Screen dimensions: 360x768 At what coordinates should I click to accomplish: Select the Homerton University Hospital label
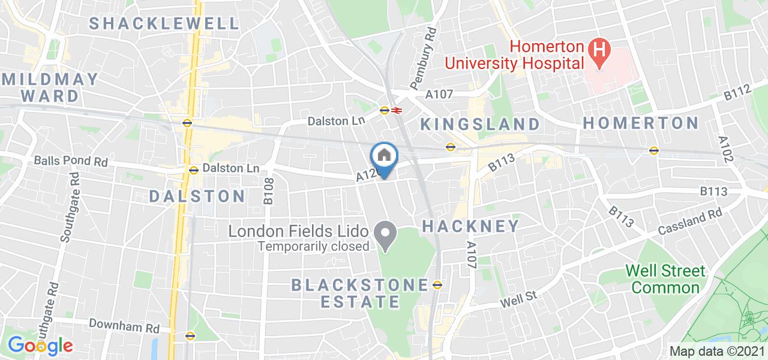(x=514, y=55)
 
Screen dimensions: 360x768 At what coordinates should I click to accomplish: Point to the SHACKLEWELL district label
(x=164, y=24)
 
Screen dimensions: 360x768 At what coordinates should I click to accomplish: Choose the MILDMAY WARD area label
(x=50, y=88)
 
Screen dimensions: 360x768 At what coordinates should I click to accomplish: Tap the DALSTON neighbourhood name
(x=197, y=196)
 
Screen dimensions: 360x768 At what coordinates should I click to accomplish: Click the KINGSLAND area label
(x=479, y=124)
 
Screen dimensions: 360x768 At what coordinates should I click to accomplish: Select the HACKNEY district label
(x=471, y=226)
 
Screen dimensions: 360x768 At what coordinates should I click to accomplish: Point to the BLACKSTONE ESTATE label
(x=360, y=293)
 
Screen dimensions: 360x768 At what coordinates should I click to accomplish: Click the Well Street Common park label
(x=665, y=279)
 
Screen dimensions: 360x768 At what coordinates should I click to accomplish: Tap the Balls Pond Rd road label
(x=71, y=161)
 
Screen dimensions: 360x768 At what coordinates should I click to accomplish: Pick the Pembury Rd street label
(x=421, y=56)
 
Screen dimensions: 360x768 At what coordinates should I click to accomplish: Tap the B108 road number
(x=269, y=190)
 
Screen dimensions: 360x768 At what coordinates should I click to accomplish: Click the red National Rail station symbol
(x=397, y=110)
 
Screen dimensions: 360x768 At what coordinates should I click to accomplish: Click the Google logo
(x=40, y=346)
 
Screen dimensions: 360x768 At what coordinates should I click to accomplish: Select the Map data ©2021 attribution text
(x=718, y=352)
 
